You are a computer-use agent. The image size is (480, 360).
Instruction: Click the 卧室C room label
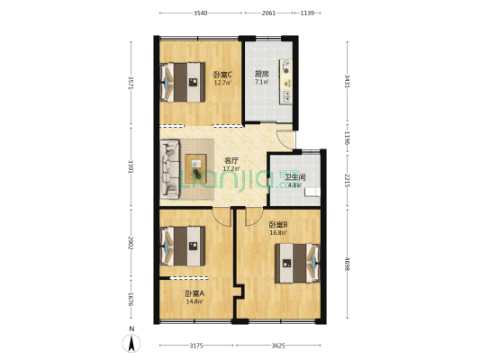tap(222, 74)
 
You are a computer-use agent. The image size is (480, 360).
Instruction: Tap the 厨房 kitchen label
tap(261, 74)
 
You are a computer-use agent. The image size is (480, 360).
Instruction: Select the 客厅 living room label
tap(231, 161)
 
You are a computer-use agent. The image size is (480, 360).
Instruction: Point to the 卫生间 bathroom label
tap(294, 177)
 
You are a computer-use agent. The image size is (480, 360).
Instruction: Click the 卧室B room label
tap(277, 224)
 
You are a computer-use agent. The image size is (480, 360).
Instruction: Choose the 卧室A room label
tap(195, 293)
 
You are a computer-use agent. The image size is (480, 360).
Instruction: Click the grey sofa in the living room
tap(171, 168)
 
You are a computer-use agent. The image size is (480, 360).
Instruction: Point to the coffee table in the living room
tap(197, 166)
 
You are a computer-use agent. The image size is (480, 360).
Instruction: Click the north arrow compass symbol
tap(131, 342)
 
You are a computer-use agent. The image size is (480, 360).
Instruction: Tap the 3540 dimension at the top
tap(200, 13)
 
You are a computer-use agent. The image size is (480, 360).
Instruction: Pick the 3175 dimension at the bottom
tap(196, 346)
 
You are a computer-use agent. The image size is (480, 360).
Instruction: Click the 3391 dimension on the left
tap(131, 166)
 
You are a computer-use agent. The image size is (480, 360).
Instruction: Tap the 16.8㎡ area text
tap(277, 232)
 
